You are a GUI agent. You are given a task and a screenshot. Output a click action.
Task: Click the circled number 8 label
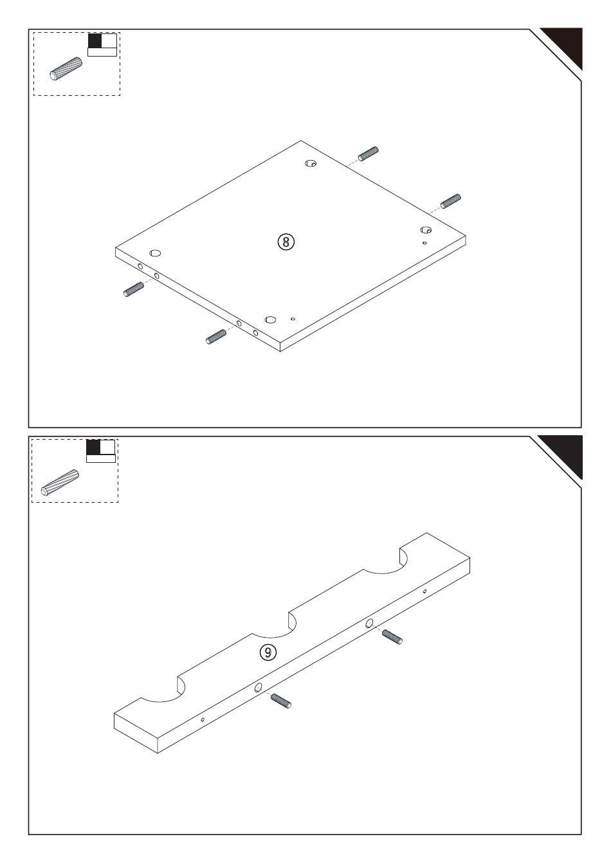(286, 242)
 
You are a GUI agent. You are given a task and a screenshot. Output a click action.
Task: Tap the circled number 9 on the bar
(268, 652)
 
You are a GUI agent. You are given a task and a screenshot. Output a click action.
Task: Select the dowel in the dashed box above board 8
(66, 69)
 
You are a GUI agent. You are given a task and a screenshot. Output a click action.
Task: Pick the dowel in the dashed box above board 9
(60, 483)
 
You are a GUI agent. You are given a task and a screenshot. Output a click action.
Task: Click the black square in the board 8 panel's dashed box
(95, 41)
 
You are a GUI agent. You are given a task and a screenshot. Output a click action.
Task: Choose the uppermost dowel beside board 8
(369, 154)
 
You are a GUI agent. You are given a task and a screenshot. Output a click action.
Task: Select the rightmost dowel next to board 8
(450, 201)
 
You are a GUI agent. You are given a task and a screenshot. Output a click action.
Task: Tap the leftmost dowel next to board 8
(134, 289)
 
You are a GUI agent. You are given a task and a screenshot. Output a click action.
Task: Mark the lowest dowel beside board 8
(216, 336)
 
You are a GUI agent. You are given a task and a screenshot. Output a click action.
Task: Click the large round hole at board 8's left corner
(155, 253)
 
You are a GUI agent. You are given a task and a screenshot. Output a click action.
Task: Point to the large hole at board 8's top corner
(311, 163)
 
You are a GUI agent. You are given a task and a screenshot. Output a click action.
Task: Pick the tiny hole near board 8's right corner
(424, 243)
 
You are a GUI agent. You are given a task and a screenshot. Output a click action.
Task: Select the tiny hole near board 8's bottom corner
(293, 319)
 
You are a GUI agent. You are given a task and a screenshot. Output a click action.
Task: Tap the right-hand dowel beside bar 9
(392, 636)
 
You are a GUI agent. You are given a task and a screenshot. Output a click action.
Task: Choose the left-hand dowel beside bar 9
(281, 701)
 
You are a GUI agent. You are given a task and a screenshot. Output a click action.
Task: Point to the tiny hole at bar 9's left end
(203, 719)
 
